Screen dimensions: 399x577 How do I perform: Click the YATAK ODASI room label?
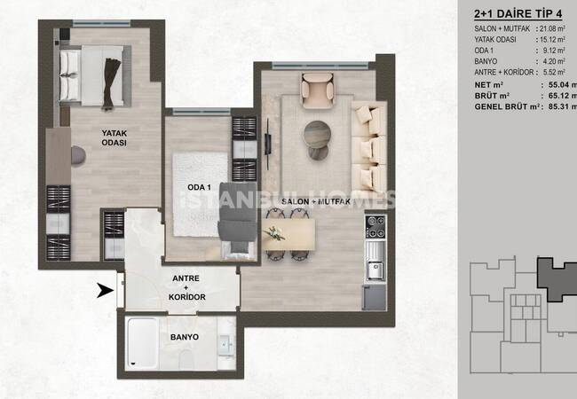111,139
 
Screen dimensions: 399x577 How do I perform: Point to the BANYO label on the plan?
185,338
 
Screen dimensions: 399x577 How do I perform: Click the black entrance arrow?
105,288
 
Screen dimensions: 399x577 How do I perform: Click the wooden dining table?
290,235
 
